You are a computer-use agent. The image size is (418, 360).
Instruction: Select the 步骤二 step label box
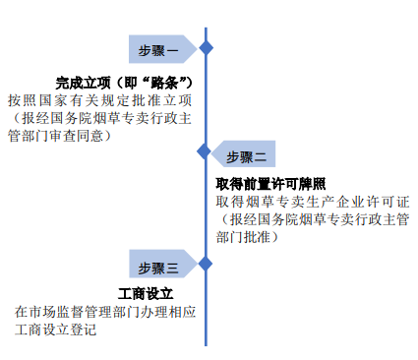246,154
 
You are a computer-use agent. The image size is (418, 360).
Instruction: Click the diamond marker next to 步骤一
206,47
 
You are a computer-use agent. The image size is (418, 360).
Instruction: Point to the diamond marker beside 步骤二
205,151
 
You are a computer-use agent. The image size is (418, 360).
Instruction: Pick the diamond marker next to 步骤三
205,263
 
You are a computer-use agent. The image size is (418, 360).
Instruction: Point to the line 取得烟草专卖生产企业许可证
306,202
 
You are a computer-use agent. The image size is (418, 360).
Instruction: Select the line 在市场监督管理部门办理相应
106,312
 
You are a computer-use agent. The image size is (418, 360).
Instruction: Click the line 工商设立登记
55,330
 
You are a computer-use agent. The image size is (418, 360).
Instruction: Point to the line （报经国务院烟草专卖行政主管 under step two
313,219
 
